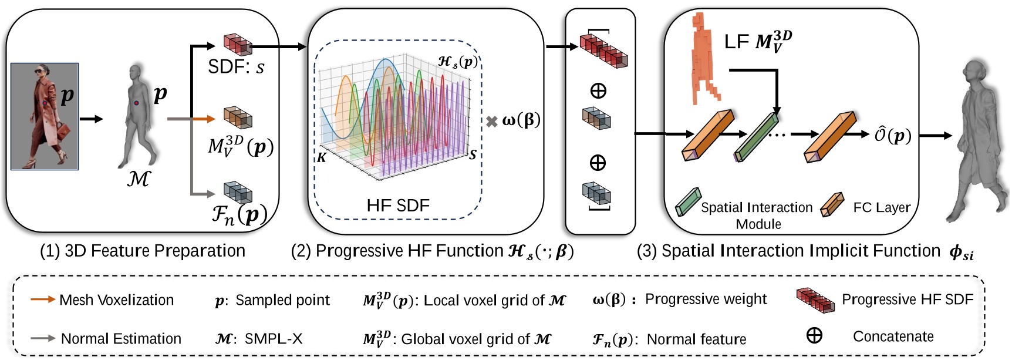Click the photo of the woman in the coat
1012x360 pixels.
pyautogui.click(x=45, y=116)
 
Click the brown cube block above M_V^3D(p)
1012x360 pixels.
pyautogui.click(x=238, y=117)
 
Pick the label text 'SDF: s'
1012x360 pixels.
pyautogui.click(x=236, y=66)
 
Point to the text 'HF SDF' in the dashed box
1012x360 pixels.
pyautogui.click(x=398, y=206)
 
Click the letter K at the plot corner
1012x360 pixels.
pyautogui.click(x=321, y=157)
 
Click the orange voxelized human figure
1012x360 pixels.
pyautogui.click(x=705, y=59)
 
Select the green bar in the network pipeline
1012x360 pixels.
pyautogui.click(x=757, y=137)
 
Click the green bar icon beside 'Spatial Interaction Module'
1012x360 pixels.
pyautogui.click(x=688, y=202)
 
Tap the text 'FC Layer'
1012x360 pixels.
pyautogui.click(x=882, y=207)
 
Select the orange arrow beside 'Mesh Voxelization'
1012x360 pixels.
pyautogui.click(x=43, y=300)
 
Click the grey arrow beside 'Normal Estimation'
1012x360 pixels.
pyautogui.click(x=43, y=338)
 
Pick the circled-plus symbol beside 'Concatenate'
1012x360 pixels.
pyautogui.click(x=814, y=336)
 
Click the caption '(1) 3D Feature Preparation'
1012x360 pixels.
pyautogui.click(x=143, y=251)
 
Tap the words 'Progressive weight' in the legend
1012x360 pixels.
pyautogui.click(x=706, y=299)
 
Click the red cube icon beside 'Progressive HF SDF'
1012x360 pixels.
pyautogui.click(x=815, y=300)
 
